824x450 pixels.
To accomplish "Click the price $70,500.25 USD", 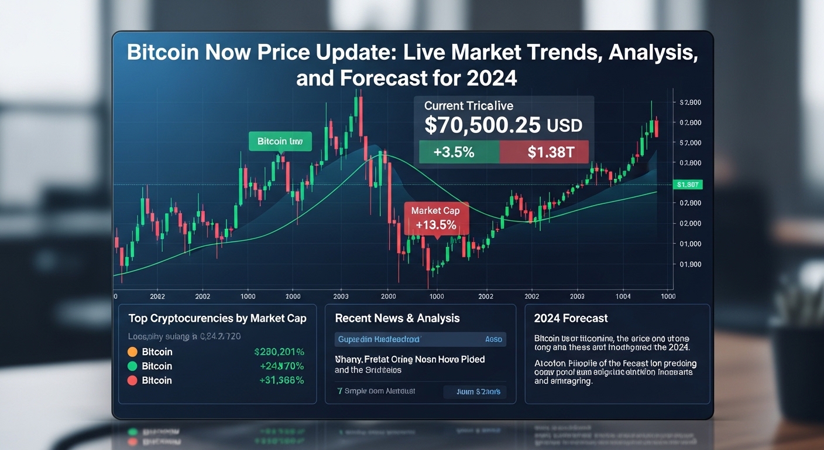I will coord(503,125).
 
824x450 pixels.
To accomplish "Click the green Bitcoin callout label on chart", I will coord(280,141).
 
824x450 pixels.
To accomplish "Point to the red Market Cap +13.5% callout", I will coord(435,218).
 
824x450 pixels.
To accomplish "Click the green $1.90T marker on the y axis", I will coord(688,185).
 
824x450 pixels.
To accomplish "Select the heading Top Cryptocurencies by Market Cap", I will coord(217,318).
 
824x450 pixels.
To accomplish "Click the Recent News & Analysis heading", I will coord(397,318).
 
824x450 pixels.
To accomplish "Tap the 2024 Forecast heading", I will coord(571,318).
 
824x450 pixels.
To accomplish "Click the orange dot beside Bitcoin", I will coord(132,352).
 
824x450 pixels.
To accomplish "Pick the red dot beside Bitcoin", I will coord(132,380).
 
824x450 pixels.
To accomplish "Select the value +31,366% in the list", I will coord(281,380).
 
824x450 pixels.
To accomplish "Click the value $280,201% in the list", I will coord(279,352).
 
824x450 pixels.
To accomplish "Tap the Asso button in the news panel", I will coord(493,339).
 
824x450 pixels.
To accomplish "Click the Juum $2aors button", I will coord(474,391).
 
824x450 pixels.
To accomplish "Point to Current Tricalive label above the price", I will coord(468,105).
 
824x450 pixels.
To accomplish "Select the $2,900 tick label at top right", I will coord(691,103).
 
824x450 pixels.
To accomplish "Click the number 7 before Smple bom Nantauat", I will coord(339,391).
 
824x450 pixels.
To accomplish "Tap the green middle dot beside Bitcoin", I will coord(132,366).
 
